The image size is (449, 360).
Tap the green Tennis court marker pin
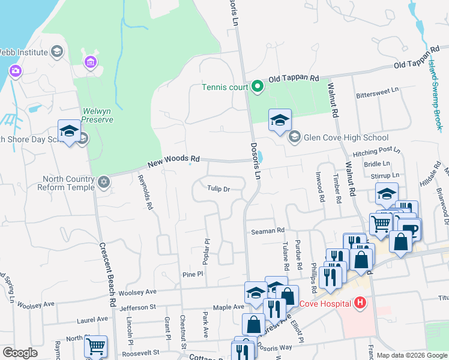point(258,87)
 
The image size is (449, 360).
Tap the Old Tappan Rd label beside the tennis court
point(294,79)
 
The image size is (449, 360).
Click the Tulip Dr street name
point(219,188)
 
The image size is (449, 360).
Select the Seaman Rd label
point(268,230)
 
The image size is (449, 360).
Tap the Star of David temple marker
point(104,181)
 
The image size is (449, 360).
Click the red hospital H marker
point(360,303)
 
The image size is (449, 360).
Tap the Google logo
point(20,353)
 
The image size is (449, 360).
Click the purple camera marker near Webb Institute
point(15,71)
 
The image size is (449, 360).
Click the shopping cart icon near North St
point(95,346)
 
